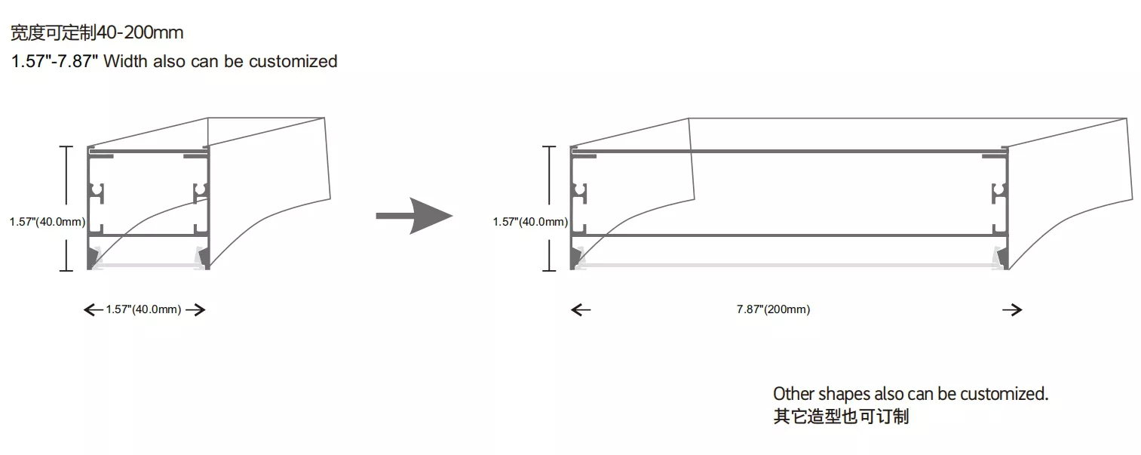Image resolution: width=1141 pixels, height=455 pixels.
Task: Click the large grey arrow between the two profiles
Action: (x=414, y=216)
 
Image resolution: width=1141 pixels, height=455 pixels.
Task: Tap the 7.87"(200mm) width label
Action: (x=773, y=309)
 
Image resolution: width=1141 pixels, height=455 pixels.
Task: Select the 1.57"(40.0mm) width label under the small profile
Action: (x=143, y=309)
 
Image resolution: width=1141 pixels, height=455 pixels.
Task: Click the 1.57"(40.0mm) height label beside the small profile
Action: (x=48, y=222)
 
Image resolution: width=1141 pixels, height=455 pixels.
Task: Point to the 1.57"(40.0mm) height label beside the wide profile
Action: (x=530, y=222)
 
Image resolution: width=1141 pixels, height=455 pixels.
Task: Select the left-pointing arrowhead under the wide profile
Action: (x=581, y=310)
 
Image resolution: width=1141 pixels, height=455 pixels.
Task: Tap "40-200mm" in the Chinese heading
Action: (x=140, y=32)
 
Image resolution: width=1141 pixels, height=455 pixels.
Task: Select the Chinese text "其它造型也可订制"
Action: (x=841, y=417)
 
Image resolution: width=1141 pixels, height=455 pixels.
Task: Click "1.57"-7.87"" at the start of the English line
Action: (x=54, y=62)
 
